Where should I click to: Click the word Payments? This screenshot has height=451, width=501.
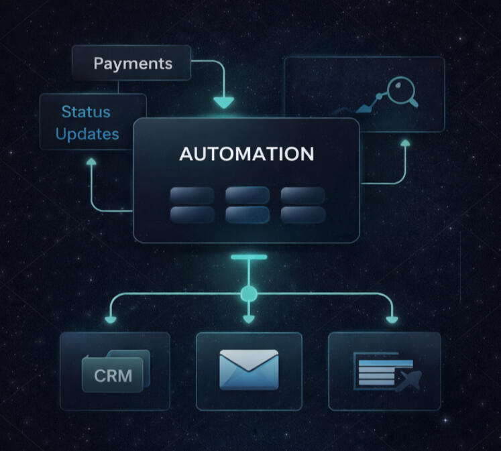tap(133, 64)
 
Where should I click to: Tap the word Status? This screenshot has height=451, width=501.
tap(86, 111)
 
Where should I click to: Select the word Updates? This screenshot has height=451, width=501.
tap(87, 133)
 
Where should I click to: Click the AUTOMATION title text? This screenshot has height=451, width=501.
tap(246, 153)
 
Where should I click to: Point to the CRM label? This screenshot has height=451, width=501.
tap(113, 375)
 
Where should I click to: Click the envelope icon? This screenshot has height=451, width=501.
tap(249, 369)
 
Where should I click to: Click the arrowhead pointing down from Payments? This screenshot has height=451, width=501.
tap(223, 103)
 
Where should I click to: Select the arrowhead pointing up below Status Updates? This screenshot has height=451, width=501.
tap(91, 162)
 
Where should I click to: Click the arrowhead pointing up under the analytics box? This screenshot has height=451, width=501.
tap(405, 143)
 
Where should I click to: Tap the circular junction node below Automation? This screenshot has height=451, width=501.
tap(249, 294)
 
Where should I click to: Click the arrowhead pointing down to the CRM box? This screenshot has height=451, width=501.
tap(110, 318)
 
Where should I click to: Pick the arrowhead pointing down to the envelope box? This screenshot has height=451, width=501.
tap(249, 319)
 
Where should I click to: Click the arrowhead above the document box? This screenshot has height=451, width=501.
tap(392, 318)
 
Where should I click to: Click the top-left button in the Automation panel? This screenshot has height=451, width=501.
tap(192, 195)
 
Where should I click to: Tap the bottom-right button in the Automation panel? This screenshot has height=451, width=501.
tap(302, 214)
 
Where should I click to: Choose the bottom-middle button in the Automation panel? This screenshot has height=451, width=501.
tap(247, 214)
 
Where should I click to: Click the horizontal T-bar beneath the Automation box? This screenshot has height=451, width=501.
tap(249, 257)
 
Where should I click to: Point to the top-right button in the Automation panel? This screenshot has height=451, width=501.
tap(302, 195)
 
